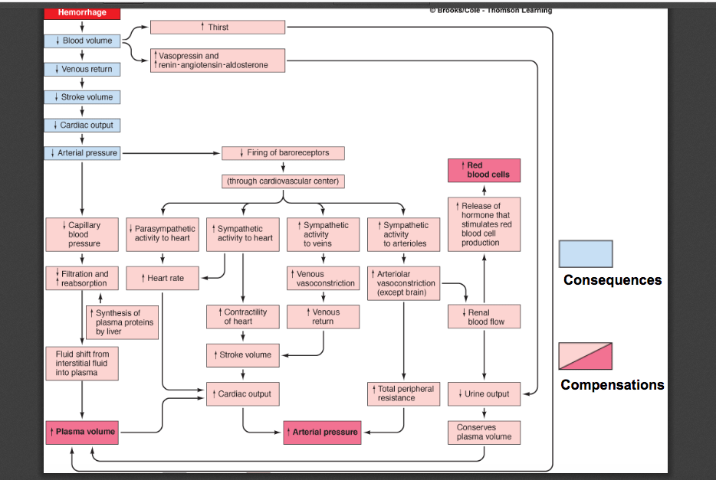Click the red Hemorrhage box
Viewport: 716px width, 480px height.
[x=82, y=13]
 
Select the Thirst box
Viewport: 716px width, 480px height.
[x=218, y=27]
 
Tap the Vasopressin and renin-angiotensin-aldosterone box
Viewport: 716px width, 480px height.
[x=218, y=60]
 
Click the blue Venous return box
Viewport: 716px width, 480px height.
[x=82, y=69]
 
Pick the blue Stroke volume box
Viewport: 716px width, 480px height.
[x=82, y=97]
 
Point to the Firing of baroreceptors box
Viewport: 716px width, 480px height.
[x=283, y=153]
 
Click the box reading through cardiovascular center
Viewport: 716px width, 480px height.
[x=283, y=181]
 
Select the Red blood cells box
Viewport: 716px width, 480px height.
[x=484, y=170]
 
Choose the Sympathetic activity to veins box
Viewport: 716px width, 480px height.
[x=323, y=234]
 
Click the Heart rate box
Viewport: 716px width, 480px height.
[x=162, y=278]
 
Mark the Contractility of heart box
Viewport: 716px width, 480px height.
[x=242, y=317]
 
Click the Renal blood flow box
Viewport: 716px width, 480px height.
[x=484, y=317]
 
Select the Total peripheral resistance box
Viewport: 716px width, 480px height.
[x=402, y=393]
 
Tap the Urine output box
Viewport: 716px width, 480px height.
[x=484, y=394]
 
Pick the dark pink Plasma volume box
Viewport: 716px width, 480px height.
[x=82, y=432]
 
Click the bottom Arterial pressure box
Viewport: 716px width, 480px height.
[x=322, y=433]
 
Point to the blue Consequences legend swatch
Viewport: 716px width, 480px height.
[x=585, y=254]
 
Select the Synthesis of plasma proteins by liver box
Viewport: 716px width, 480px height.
[x=123, y=322]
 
